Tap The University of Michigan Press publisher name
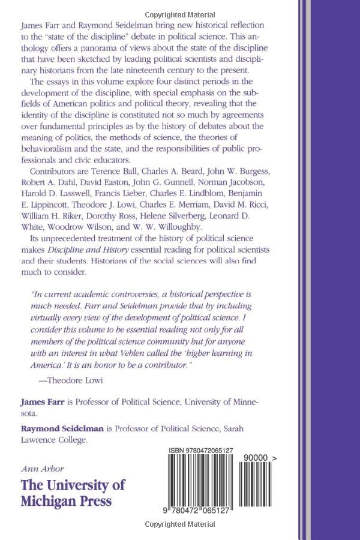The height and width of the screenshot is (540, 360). click(74, 492)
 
